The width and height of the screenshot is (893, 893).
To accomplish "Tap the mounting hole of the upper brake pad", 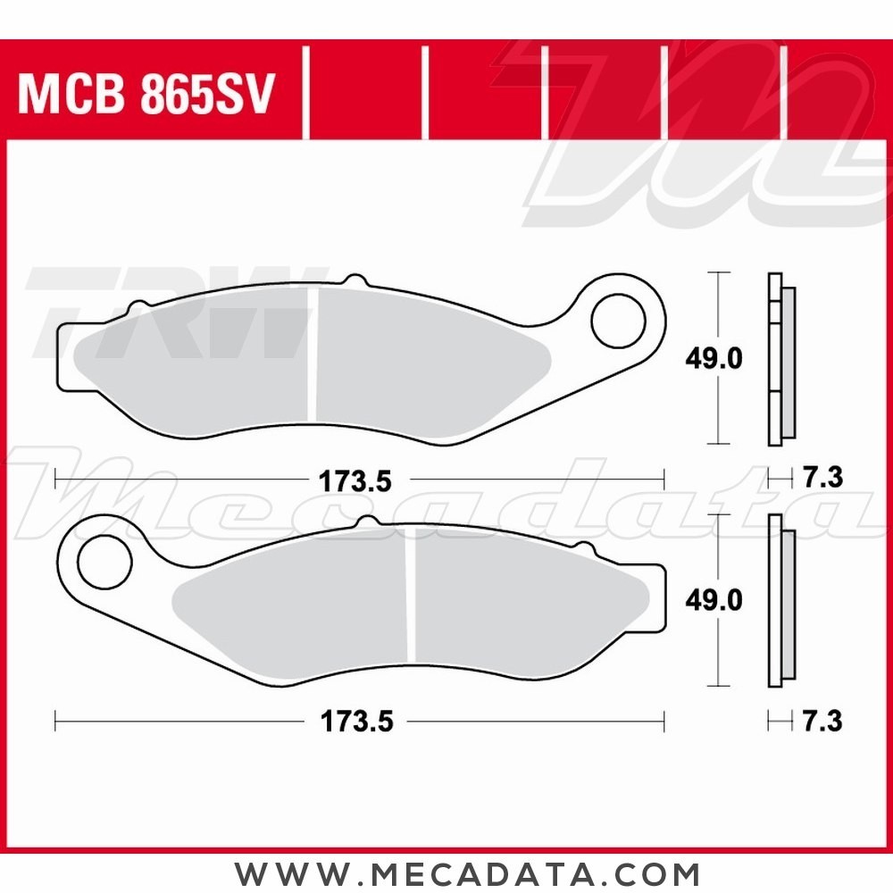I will pyautogui.click(x=619, y=318).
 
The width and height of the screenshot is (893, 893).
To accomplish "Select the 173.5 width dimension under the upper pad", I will pyautogui.click(x=355, y=481).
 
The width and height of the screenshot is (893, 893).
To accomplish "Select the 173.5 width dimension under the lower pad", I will pyautogui.click(x=355, y=721).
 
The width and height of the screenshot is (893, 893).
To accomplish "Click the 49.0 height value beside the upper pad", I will pyautogui.click(x=714, y=359).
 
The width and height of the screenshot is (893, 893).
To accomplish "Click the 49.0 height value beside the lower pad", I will pyautogui.click(x=714, y=601).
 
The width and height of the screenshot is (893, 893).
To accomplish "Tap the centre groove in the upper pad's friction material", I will pyautogui.click(x=313, y=353).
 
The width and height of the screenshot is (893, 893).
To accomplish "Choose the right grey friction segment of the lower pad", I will pyautogui.click(x=518, y=607).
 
